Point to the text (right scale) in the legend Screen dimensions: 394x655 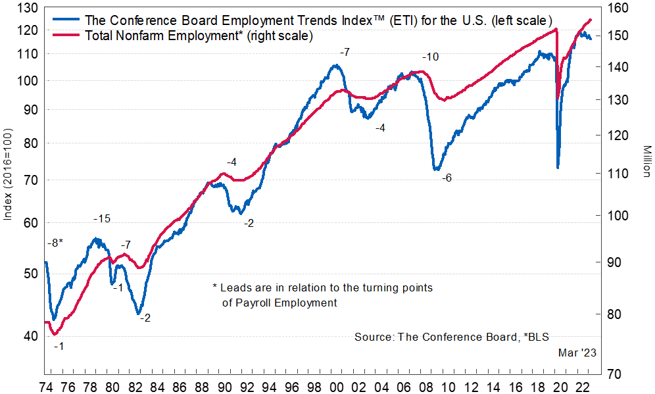(278, 36)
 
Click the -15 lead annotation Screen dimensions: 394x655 (102, 219)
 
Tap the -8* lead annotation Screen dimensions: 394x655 (55, 243)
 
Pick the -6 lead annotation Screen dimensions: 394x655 (447, 178)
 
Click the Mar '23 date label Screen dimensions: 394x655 (577, 353)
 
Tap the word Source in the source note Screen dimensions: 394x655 (373, 337)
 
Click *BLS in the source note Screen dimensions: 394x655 (538, 337)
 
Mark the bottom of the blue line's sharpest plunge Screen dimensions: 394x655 (558, 168)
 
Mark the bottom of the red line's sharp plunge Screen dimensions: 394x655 (558, 99)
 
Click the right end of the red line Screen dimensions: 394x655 (591, 20)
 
